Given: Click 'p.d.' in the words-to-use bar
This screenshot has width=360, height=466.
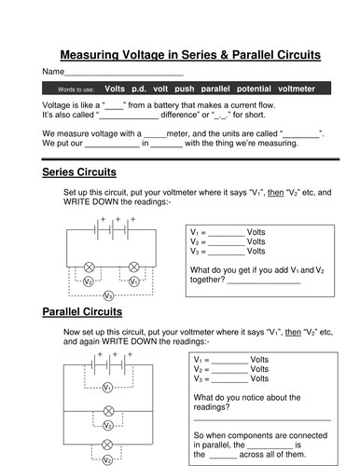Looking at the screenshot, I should pyautogui.click(x=140, y=89).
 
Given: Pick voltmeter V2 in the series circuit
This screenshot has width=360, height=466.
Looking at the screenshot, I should pyautogui.click(x=88, y=281).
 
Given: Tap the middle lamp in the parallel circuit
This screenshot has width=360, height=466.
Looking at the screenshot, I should pyautogui.click(x=108, y=410).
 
